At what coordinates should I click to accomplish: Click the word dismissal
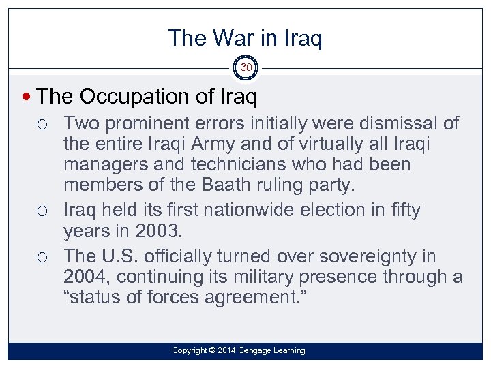pyautogui.click(x=404, y=124)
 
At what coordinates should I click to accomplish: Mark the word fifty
pyautogui.click(x=402, y=210)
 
